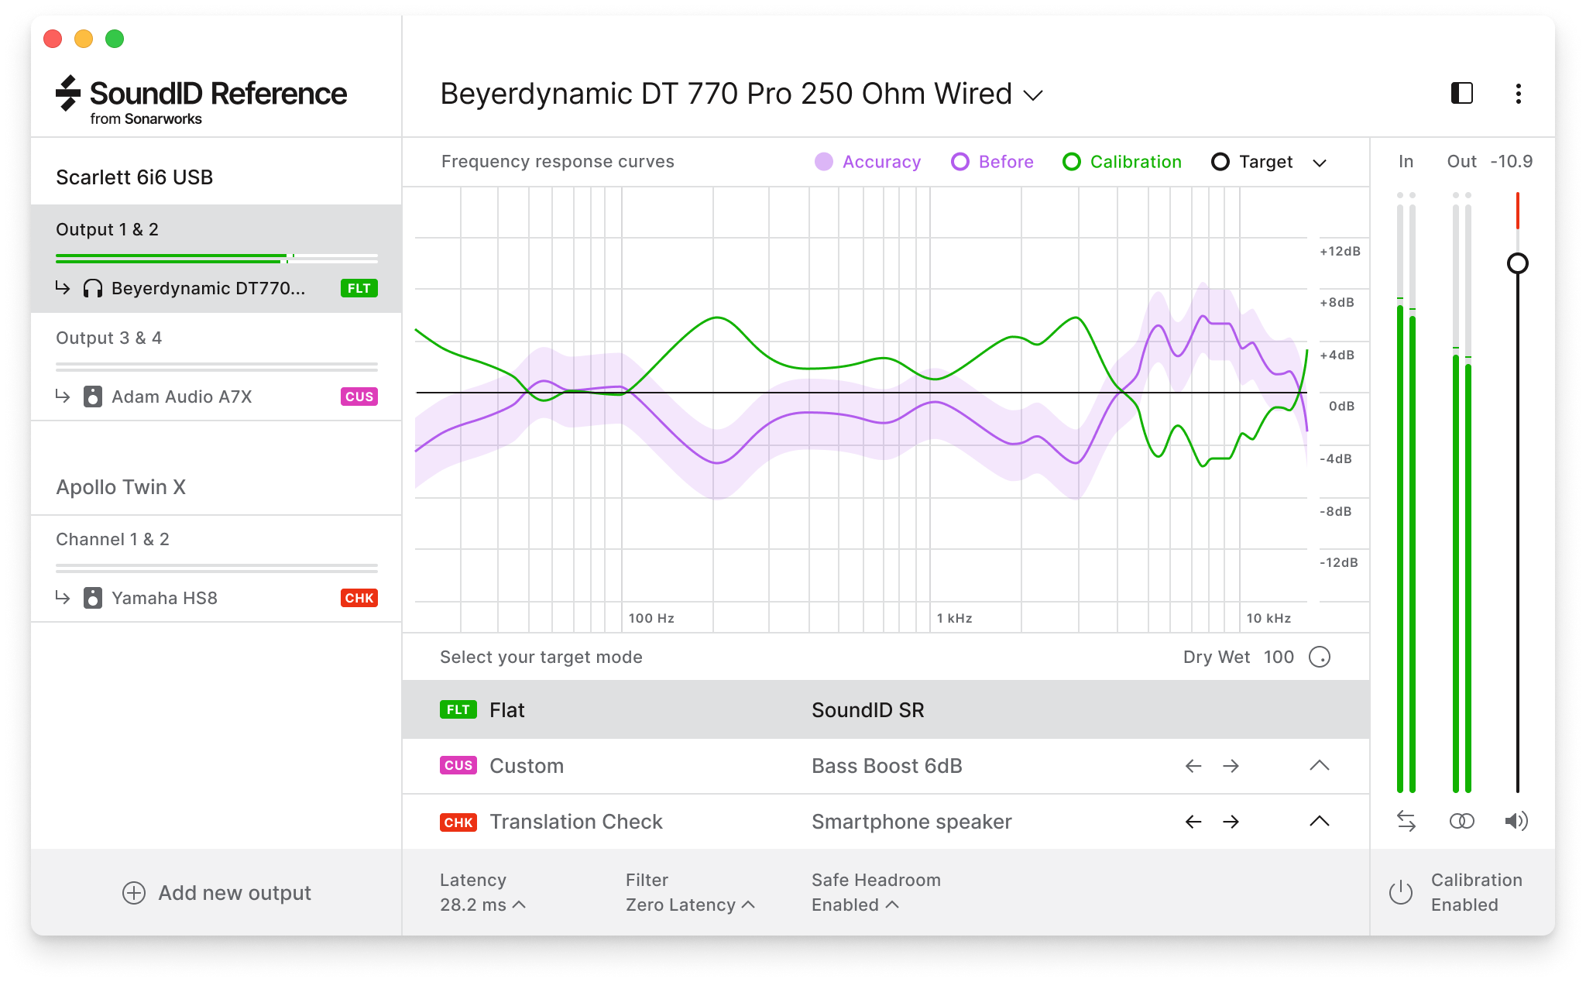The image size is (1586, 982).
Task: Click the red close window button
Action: pyautogui.click(x=53, y=39)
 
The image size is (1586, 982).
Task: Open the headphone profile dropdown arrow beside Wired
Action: pyautogui.click(x=1033, y=95)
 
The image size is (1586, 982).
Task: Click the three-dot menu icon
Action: pyautogui.click(x=1518, y=94)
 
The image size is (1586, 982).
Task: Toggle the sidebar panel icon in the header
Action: pyautogui.click(x=1461, y=94)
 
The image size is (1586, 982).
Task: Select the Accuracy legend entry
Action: pyautogui.click(x=868, y=162)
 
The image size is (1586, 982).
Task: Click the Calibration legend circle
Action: pyautogui.click(x=1072, y=162)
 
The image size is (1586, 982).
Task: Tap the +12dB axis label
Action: pyautogui.click(x=1340, y=251)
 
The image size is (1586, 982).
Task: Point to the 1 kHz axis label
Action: pyautogui.click(x=954, y=618)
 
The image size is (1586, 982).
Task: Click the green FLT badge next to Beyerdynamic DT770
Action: pyautogui.click(x=359, y=288)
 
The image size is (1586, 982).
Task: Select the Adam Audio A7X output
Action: pyautogui.click(x=181, y=397)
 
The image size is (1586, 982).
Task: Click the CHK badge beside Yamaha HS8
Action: pyautogui.click(x=359, y=598)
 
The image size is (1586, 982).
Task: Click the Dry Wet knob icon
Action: pyautogui.click(x=1320, y=657)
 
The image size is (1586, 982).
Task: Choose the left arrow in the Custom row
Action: pyautogui.click(x=1193, y=766)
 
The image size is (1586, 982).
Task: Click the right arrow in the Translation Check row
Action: pyautogui.click(x=1231, y=822)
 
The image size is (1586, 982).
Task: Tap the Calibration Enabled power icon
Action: pyautogui.click(x=1401, y=892)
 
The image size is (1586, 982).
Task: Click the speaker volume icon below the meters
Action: pyautogui.click(x=1516, y=821)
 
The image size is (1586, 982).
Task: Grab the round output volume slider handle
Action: pyautogui.click(x=1518, y=263)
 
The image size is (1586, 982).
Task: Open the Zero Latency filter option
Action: pyautogui.click(x=689, y=905)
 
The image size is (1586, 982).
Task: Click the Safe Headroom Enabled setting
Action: pyautogui.click(x=855, y=905)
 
